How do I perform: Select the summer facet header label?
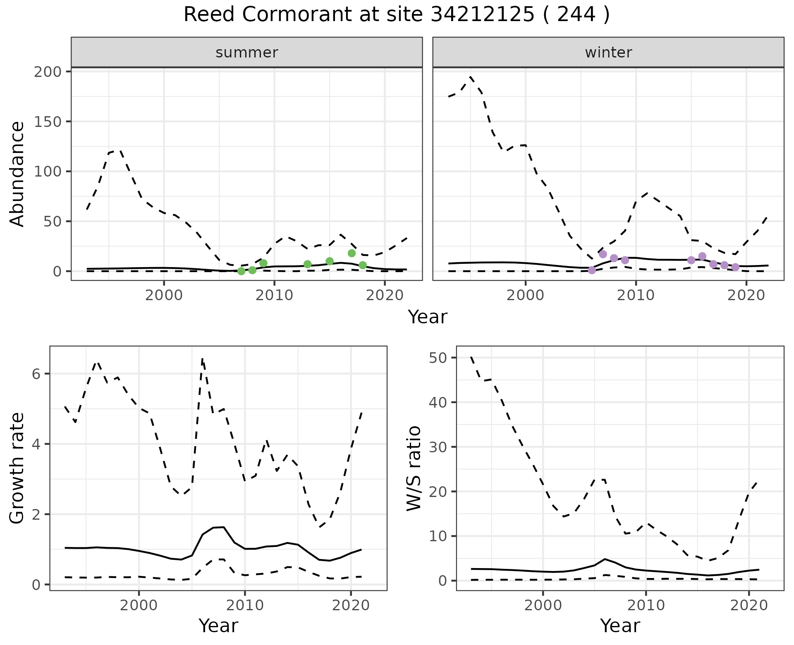247,53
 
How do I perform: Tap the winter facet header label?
608,53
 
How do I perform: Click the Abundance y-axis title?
17,174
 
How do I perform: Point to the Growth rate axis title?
17,468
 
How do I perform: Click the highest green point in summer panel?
352,253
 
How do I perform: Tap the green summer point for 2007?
242,271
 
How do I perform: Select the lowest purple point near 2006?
592,270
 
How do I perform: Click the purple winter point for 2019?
735,267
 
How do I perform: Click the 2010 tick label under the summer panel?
274,296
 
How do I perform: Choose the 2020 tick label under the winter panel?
746,296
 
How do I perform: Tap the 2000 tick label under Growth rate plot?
139,606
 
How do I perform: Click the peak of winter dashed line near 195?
471,77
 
